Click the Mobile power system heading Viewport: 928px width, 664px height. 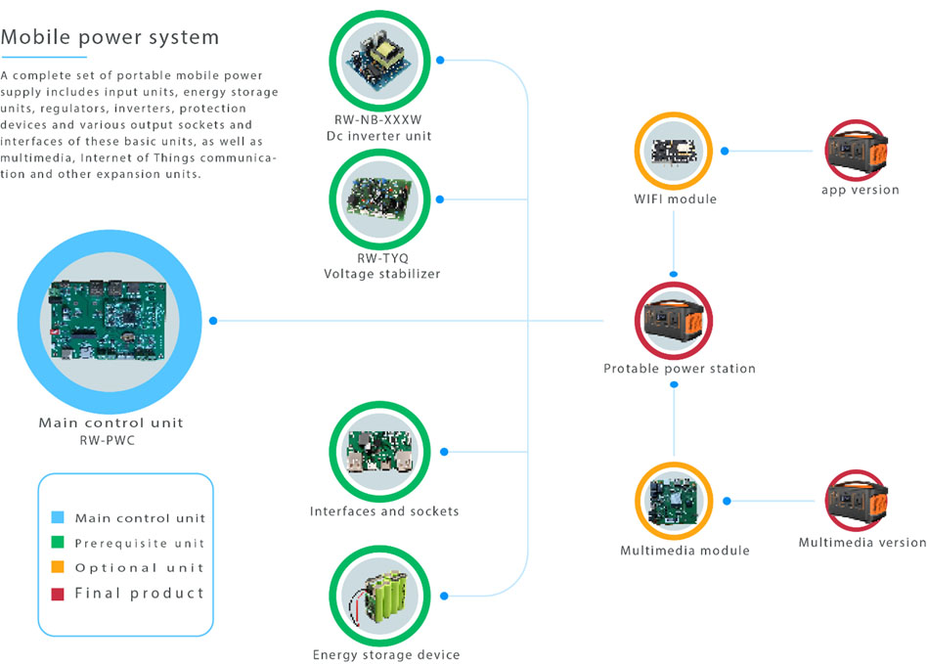click(110, 37)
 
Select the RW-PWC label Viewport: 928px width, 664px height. click(110, 440)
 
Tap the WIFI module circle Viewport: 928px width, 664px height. click(674, 152)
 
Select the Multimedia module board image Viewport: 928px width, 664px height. click(675, 502)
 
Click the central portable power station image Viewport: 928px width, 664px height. click(674, 321)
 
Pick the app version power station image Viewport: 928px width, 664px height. click(860, 152)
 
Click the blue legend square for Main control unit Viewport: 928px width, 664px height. click(57, 517)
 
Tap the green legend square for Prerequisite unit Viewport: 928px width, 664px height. click(57, 543)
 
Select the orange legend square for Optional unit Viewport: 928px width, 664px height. click(57, 567)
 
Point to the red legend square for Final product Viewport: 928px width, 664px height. click(57, 593)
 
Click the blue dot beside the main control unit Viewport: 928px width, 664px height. click(214, 321)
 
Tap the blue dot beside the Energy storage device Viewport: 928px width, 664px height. click(446, 596)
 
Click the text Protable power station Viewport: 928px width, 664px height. click(679, 369)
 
